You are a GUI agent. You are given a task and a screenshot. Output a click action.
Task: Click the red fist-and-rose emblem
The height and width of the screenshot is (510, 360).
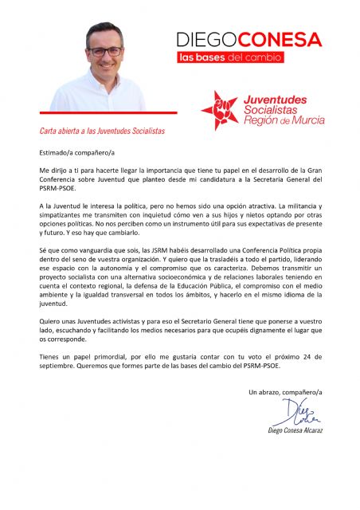pyautogui.click(x=219, y=108)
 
